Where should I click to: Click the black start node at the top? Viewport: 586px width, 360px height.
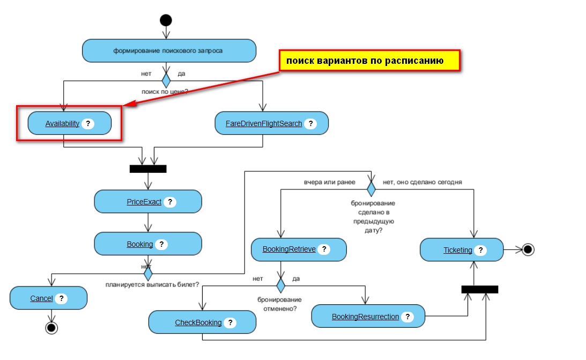click(x=166, y=20)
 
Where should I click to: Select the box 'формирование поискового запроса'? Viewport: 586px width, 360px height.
click(x=169, y=51)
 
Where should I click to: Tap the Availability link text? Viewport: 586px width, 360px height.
click(x=62, y=123)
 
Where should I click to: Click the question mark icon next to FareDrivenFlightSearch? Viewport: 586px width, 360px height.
click(x=310, y=123)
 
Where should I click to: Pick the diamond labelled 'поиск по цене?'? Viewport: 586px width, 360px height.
click(x=166, y=81)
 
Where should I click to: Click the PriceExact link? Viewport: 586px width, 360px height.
click(x=144, y=202)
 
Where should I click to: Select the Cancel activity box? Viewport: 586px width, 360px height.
click(x=48, y=298)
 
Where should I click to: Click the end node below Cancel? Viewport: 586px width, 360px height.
click(x=51, y=327)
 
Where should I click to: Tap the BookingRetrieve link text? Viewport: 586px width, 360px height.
click(x=289, y=249)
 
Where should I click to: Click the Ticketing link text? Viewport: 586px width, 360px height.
click(x=458, y=250)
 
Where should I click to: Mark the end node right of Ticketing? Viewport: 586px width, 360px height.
click(x=528, y=249)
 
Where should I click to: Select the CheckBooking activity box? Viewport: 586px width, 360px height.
click(x=202, y=322)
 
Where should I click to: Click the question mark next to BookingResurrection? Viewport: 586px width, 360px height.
click(x=407, y=317)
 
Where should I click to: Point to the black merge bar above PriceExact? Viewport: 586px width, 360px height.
click(x=148, y=169)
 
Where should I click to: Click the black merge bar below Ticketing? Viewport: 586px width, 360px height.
click(x=480, y=289)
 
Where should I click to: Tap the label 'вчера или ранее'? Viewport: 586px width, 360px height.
click(x=330, y=182)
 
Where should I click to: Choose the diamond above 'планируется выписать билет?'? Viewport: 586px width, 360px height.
click(x=148, y=274)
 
